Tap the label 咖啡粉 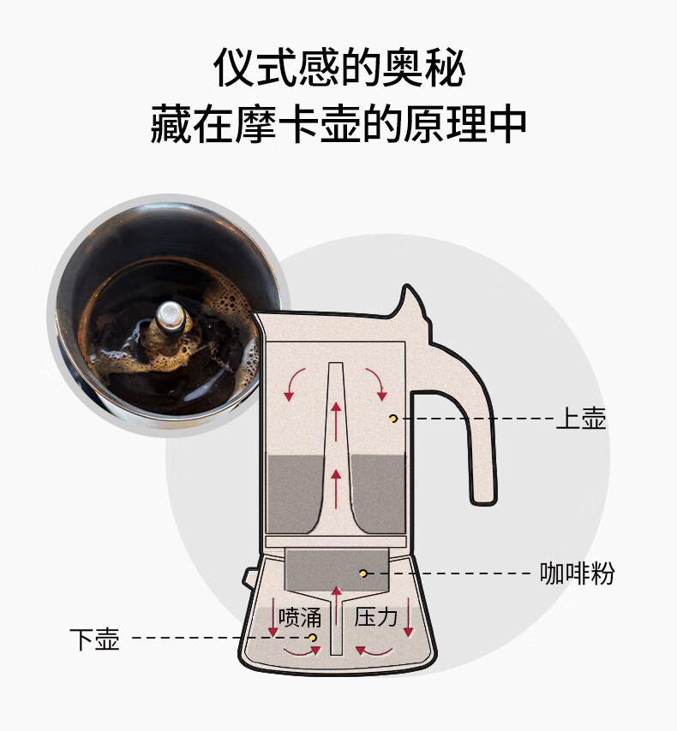click(x=577, y=573)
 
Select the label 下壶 click(x=94, y=639)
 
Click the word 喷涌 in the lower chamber click(x=299, y=616)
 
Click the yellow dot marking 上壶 click(x=392, y=418)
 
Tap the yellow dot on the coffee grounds click(x=362, y=573)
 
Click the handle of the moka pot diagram click(x=481, y=445)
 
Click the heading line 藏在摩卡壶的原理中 click(x=338, y=124)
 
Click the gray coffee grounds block click(x=337, y=569)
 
